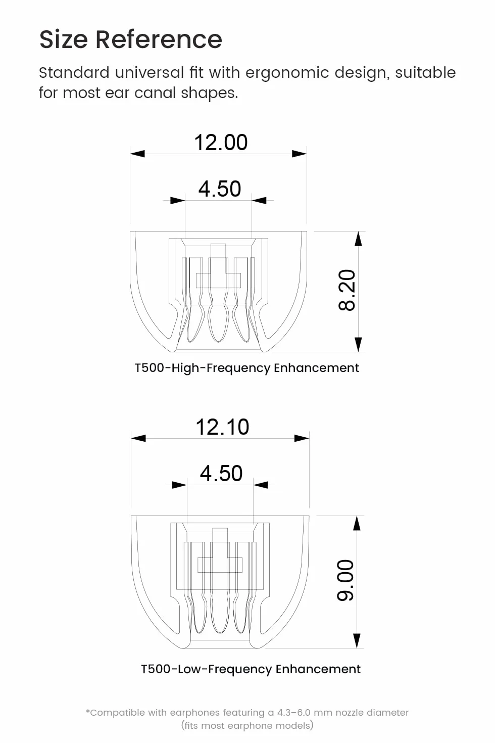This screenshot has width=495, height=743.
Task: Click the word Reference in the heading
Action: pos(159,39)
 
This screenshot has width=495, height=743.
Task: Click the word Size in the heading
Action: pos(63,39)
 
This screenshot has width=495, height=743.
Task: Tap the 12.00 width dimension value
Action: pos(221,143)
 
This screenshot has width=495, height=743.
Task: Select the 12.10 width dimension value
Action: pos(222,427)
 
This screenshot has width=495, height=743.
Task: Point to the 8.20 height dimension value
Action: pos(347,290)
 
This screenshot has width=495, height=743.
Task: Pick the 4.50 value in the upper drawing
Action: pos(220,189)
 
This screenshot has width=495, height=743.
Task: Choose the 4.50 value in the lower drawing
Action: pos(221,473)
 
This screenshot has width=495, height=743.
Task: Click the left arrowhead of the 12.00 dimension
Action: pos(137,154)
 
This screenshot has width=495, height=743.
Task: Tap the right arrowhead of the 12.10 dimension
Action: pos(302,438)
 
